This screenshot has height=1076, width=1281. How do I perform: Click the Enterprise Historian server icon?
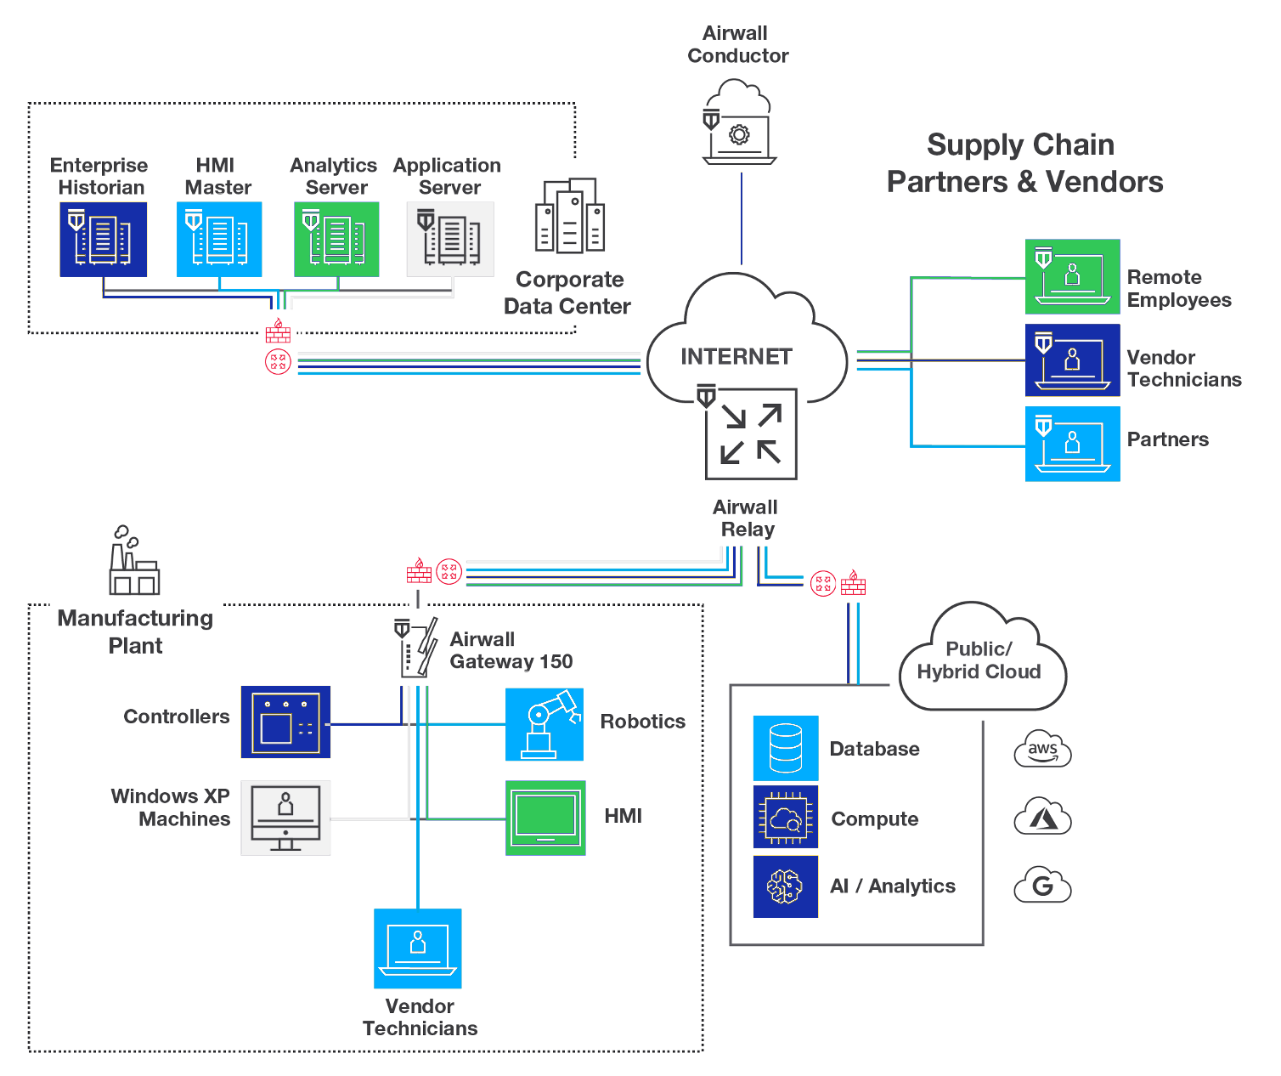click(x=103, y=239)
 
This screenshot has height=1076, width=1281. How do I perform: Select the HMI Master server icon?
click(x=219, y=239)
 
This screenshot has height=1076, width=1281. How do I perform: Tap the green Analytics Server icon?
click(x=336, y=239)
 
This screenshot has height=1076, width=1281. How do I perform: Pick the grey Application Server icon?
click(x=450, y=239)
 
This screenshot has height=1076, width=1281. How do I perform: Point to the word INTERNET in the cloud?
click(x=736, y=357)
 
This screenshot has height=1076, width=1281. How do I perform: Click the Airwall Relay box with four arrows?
click(x=751, y=433)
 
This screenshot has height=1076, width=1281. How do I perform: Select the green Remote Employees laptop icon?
click(x=1072, y=277)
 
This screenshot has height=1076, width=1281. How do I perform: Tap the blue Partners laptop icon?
click(x=1072, y=444)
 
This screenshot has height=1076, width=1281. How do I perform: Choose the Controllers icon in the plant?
click(x=285, y=722)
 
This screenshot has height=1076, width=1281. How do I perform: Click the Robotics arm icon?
click(x=545, y=724)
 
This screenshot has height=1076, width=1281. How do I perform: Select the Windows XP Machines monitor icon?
click(x=285, y=818)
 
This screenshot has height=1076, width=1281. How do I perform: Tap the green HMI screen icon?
click(x=545, y=818)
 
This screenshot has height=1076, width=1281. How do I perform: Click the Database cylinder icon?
click(x=786, y=748)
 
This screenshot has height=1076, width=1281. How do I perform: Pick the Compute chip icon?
click(x=786, y=817)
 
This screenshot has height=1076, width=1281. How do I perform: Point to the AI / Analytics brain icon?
click(x=786, y=886)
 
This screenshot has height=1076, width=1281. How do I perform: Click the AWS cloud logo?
click(x=1042, y=750)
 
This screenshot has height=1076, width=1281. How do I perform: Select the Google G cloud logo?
click(x=1042, y=886)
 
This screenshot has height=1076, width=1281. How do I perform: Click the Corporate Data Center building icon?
click(x=570, y=216)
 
